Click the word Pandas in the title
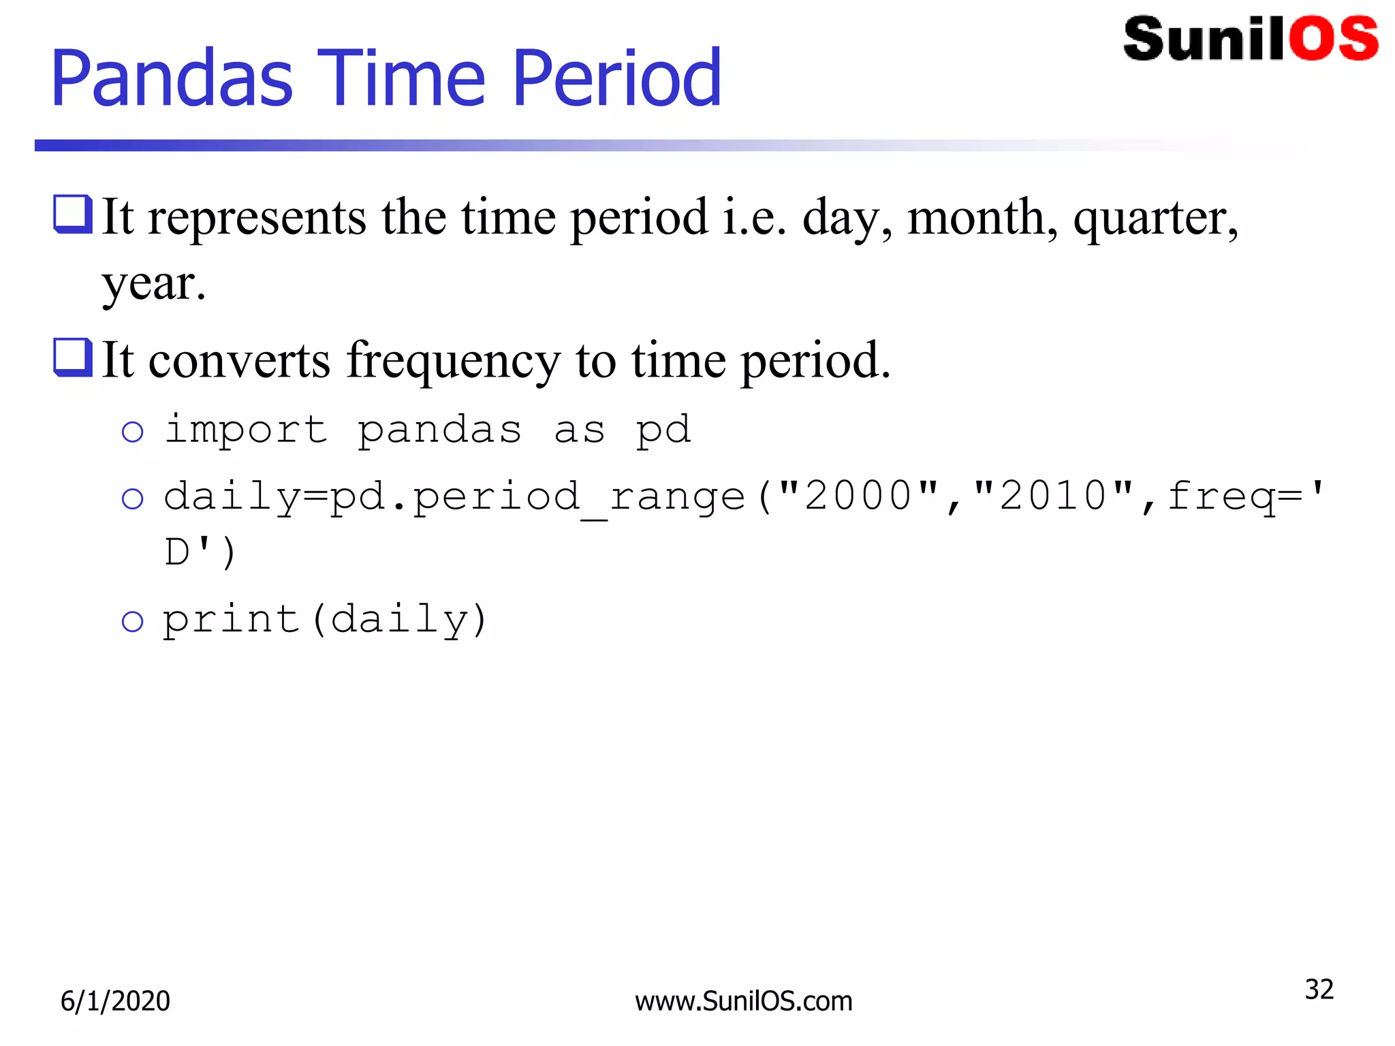(x=172, y=79)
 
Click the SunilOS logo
(x=1250, y=39)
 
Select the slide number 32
(x=1319, y=989)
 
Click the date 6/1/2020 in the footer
(x=115, y=1001)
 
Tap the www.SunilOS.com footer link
(x=743, y=1001)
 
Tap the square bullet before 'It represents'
(x=72, y=214)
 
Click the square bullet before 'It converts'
(x=72, y=357)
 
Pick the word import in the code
(x=246, y=430)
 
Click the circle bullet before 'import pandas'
(x=132, y=432)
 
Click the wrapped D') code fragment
(x=200, y=552)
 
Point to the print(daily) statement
(x=325, y=620)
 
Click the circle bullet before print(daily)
(x=132, y=621)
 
